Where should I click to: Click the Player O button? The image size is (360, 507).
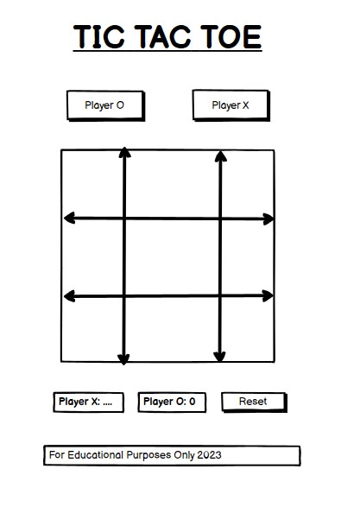pyautogui.click(x=104, y=105)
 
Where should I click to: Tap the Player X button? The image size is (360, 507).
pyautogui.click(x=231, y=105)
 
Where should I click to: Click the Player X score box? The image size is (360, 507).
pyautogui.click(x=89, y=402)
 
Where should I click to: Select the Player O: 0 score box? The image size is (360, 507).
pyautogui.click(x=171, y=402)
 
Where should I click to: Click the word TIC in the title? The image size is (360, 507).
pyautogui.click(x=100, y=37)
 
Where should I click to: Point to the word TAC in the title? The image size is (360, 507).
pyautogui.click(x=167, y=37)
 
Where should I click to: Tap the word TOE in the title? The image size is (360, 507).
pyautogui.click(x=230, y=37)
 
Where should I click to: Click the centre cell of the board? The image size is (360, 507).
pyautogui.click(x=172, y=257)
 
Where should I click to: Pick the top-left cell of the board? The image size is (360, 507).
pyautogui.click(x=92, y=184)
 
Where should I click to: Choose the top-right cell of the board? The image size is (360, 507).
pyautogui.click(x=248, y=184)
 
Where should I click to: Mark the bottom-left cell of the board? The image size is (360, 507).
pyautogui.click(x=92, y=330)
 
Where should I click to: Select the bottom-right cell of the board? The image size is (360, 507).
pyautogui.click(x=248, y=330)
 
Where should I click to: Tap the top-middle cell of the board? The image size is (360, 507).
pyautogui.click(x=172, y=184)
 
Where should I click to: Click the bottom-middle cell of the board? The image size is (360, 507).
pyautogui.click(x=172, y=330)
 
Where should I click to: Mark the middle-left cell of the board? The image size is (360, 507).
pyautogui.click(x=92, y=257)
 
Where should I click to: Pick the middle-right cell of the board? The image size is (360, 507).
pyautogui.click(x=248, y=257)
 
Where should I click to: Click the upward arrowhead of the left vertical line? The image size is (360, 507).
pyautogui.click(x=124, y=153)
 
